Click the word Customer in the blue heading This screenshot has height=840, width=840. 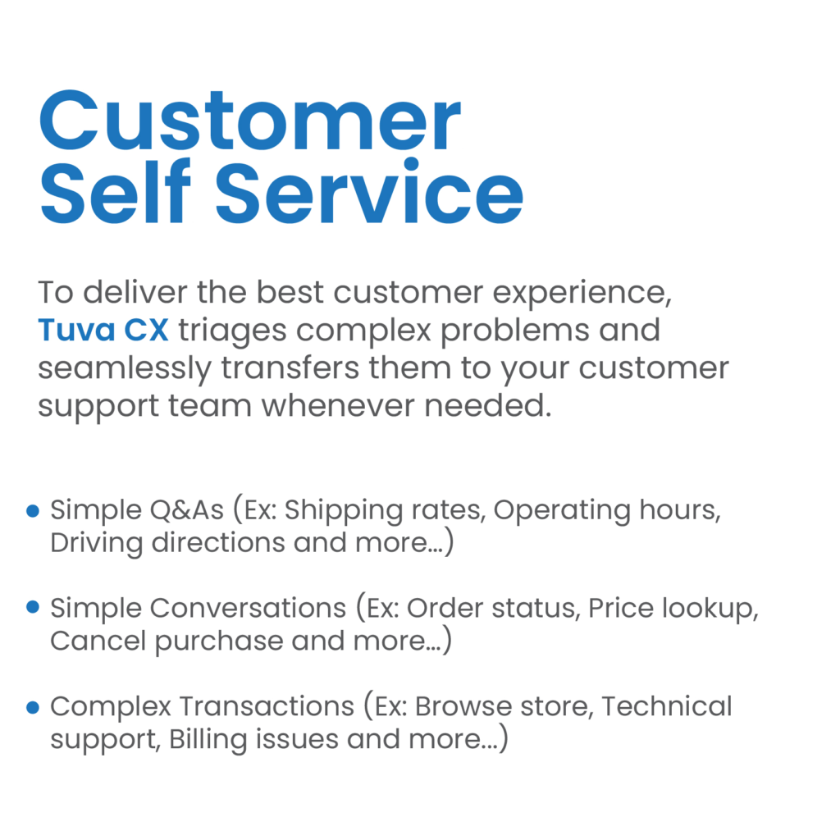[249, 121]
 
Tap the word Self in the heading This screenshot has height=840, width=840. [115, 192]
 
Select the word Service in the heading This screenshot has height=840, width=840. [369, 192]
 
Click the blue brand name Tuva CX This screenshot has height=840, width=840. [103, 330]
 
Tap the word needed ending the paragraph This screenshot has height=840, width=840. [487, 405]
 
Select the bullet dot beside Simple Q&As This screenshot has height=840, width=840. [33, 510]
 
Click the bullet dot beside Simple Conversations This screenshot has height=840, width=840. [33, 607]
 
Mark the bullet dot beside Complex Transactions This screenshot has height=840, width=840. [33, 707]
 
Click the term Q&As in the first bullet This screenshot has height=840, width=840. [186, 510]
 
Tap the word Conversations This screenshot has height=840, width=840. [248, 608]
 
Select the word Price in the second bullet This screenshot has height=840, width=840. [620, 608]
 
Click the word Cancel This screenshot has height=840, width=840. [98, 641]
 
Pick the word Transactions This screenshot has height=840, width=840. [267, 706]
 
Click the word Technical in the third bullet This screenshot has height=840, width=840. [666, 706]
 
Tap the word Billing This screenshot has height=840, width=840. [208, 741]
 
